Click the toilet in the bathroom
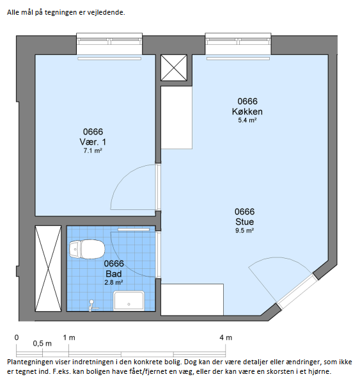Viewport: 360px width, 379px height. [x=87, y=249]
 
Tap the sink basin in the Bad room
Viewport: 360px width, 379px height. [x=129, y=301]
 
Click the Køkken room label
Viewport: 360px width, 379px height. [x=247, y=111]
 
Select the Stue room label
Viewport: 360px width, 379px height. [x=245, y=222]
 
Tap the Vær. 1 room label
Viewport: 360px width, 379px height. [x=93, y=142]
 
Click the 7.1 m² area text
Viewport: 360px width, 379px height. [x=93, y=151]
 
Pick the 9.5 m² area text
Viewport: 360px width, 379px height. [x=245, y=230]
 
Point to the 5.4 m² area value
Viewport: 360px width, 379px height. [x=247, y=120]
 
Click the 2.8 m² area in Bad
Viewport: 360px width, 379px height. [x=114, y=282]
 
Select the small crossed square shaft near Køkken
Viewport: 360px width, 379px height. [x=174, y=68]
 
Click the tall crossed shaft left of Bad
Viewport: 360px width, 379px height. [x=48, y=268]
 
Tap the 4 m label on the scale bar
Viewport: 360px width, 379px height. [x=226, y=337]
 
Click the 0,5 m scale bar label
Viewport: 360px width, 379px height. [x=42, y=343]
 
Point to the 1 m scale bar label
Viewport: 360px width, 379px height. [x=69, y=337]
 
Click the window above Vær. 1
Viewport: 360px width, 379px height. [x=109, y=44]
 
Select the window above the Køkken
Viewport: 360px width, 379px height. [x=238, y=44]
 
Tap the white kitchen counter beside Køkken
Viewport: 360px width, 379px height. [x=176, y=117]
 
